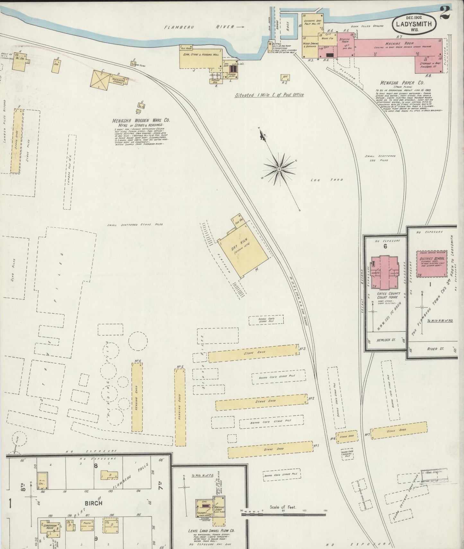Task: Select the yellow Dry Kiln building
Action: (x=243, y=252)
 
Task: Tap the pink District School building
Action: (x=432, y=263)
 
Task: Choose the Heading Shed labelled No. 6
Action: (x=137, y=397)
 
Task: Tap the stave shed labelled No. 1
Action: (x=270, y=449)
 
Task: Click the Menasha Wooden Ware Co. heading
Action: (x=141, y=121)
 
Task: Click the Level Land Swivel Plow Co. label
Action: (x=211, y=531)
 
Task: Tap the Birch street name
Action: (x=94, y=503)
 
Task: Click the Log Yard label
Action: (x=327, y=180)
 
